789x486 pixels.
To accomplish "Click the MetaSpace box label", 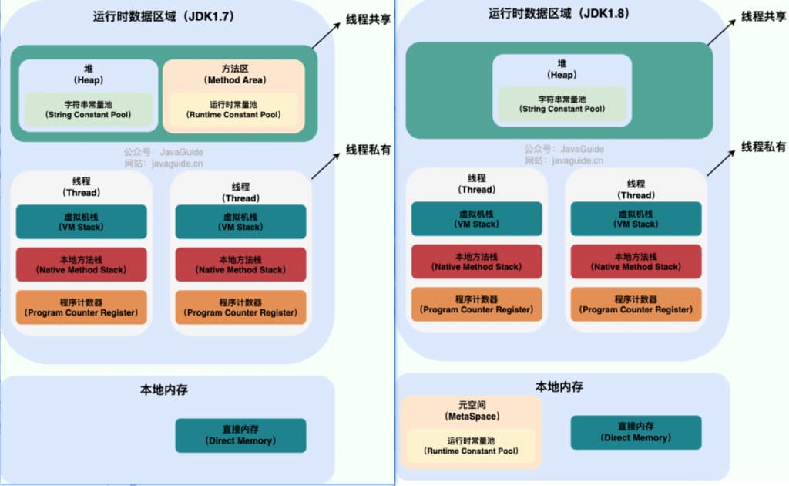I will click(472, 410).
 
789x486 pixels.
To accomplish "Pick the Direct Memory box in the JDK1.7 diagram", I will click(240, 435).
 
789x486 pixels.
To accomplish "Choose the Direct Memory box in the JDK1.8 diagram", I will click(636, 432).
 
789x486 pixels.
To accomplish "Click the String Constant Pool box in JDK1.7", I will click(88, 109).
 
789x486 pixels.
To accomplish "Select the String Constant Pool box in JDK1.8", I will click(562, 103).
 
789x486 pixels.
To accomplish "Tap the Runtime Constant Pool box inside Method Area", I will click(233, 109).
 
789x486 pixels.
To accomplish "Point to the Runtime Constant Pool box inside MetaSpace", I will click(472, 445).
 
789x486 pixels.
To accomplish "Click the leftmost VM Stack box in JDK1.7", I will click(81, 221).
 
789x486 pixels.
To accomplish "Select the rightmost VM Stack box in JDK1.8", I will click(636, 218).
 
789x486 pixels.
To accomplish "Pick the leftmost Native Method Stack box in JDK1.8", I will click(476, 262).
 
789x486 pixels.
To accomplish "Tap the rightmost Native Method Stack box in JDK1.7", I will click(240, 265).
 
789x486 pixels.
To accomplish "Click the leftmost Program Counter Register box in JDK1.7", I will click(81, 307).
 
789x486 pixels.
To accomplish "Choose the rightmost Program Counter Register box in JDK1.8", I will click(636, 304).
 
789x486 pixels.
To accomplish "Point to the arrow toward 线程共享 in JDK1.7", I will click(327, 38).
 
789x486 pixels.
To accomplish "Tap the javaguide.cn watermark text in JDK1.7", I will click(163, 164).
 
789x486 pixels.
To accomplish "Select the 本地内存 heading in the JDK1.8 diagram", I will click(559, 386).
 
